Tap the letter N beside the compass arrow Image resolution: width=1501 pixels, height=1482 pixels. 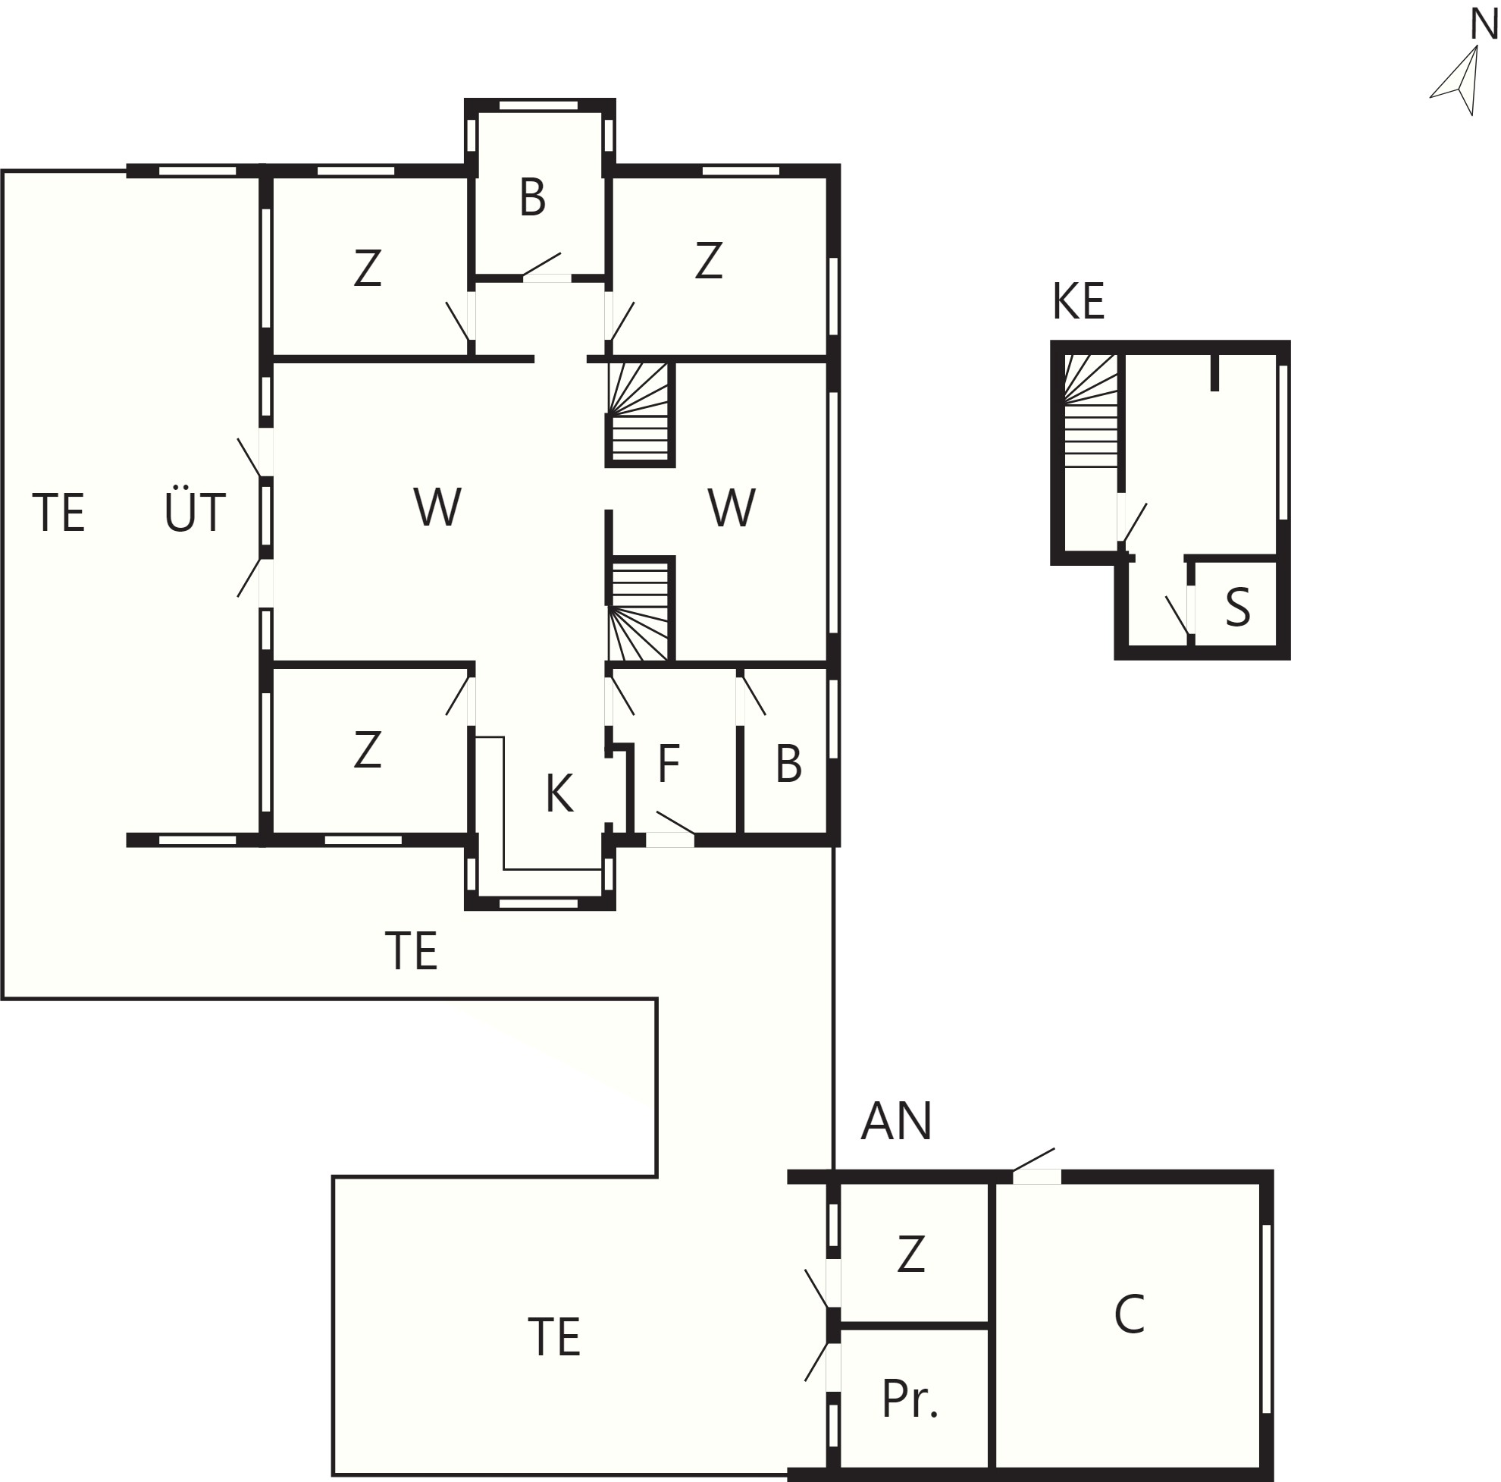pos(1484,25)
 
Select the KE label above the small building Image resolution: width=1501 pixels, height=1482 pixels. pos(1078,302)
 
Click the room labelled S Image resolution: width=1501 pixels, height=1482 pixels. pos(1238,608)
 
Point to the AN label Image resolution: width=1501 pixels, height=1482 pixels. pos(897,1121)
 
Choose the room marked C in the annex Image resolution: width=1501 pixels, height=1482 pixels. pos(1130,1314)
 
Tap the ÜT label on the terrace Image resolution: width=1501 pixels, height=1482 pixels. pos(194,510)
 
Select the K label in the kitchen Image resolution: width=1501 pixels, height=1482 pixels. pos(559,793)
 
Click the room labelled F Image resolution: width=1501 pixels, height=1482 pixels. pos(669,763)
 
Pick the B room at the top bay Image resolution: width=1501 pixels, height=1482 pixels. pos(533,197)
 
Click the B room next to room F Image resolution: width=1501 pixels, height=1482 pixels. pos(788,763)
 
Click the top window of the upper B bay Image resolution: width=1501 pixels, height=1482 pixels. pos(538,105)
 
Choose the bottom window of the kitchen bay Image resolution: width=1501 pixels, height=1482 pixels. pos(538,904)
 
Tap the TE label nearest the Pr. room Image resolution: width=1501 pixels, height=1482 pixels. pos(554,1336)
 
